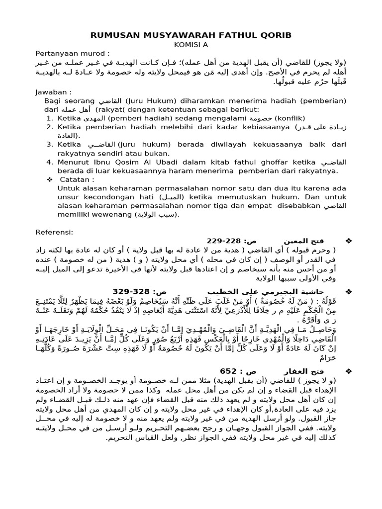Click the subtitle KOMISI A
click(x=191, y=44)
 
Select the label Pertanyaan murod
click(x=72, y=53)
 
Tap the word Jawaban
click(x=52, y=92)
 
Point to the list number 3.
click(x=49, y=144)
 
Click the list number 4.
click(x=49, y=162)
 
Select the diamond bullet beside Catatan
click(x=49, y=179)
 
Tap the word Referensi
click(x=54, y=232)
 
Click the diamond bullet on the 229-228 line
click(x=348, y=241)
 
